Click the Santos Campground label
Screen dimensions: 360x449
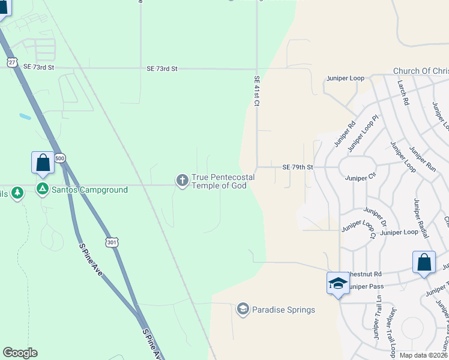tap(89, 190)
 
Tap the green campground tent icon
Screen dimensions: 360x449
tap(43, 190)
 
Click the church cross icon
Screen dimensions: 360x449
tap(182, 180)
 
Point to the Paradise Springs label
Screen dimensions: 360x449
tap(283, 310)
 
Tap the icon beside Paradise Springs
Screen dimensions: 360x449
tap(243, 309)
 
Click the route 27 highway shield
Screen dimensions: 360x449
tap(12, 62)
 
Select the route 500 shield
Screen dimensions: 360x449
tap(59, 158)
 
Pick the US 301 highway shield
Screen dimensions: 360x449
tap(112, 242)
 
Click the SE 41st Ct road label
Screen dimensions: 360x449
tap(256, 91)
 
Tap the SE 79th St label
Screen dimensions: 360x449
tap(298, 167)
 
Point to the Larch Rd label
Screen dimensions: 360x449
tap(403, 94)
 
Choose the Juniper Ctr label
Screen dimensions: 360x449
tap(360, 178)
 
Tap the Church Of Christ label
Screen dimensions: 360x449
tap(421, 71)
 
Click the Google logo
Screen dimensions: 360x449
tap(20, 353)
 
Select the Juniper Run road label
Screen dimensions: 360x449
tap(423, 160)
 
